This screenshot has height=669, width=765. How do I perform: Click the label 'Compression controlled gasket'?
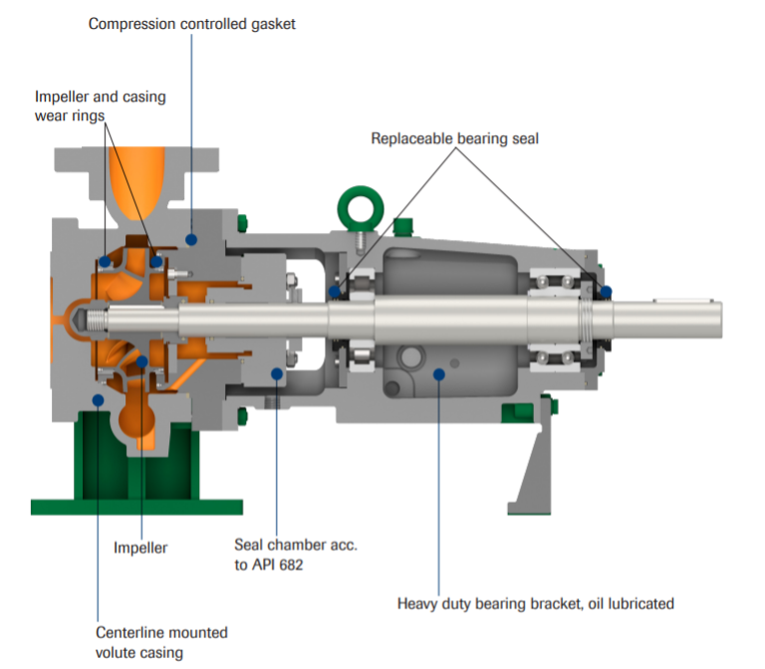pyautogui.click(x=191, y=23)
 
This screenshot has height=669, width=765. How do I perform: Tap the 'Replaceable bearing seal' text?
pyautogui.click(x=454, y=138)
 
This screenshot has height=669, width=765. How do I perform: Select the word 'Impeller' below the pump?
pyautogui.click(x=140, y=548)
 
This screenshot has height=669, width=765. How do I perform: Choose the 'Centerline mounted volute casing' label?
pyautogui.click(x=161, y=642)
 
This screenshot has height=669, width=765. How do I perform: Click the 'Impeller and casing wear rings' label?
pyautogui.click(x=100, y=107)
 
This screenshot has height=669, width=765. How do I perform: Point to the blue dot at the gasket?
pyautogui.click(x=192, y=239)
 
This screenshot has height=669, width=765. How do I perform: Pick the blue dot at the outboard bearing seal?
pyautogui.click(x=605, y=292)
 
